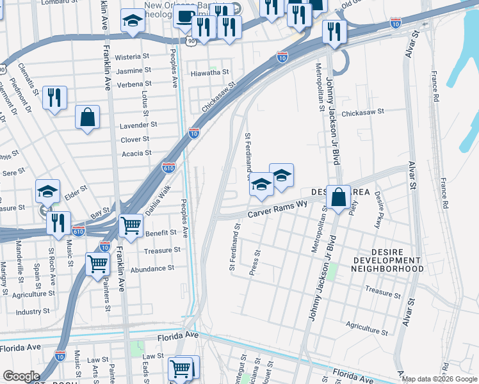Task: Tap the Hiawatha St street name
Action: click(x=209, y=73)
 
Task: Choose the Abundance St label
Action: click(x=152, y=269)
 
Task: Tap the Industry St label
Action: click(x=33, y=312)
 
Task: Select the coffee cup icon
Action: click(x=184, y=15)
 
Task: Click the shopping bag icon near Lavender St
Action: click(x=87, y=117)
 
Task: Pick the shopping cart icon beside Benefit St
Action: click(x=131, y=225)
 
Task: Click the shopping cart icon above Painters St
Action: click(x=97, y=263)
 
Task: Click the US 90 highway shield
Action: click(x=191, y=41)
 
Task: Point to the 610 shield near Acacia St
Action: click(x=168, y=168)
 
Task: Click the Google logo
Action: click(x=22, y=376)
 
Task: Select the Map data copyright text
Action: click(x=439, y=379)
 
